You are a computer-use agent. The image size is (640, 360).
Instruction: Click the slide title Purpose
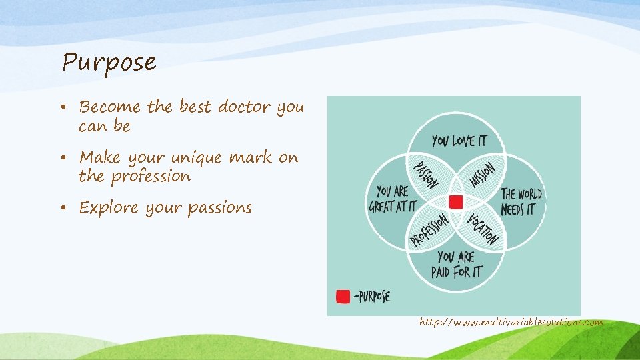click(109, 62)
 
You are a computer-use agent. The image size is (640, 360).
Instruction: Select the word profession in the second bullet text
click(151, 177)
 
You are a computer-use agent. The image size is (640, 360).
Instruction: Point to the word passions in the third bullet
click(219, 208)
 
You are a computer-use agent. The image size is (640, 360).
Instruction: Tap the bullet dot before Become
click(69, 107)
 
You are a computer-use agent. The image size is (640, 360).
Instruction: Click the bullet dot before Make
click(69, 158)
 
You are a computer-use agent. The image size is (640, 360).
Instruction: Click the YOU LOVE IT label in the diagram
click(459, 141)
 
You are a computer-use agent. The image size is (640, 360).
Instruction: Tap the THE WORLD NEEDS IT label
click(521, 201)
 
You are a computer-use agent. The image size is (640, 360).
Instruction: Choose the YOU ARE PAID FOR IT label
click(457, 264)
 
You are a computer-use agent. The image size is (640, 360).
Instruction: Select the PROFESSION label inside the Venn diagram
click(429, 230)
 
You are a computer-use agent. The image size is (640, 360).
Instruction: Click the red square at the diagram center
click(456, 202)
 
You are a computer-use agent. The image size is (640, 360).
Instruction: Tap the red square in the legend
click(343, 296)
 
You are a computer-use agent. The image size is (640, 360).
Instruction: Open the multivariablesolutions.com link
click(511, 323)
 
